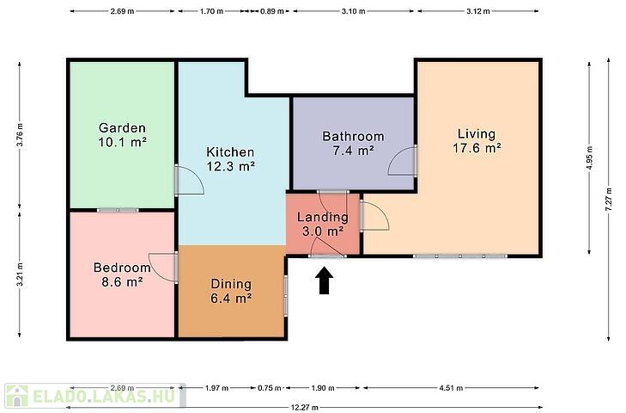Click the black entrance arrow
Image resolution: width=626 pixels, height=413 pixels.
point(326,280)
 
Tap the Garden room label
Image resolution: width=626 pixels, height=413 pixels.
point(122,128)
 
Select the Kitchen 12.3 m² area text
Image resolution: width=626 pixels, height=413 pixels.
point(231,166)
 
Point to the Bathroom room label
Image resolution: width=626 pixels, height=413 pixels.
point(353,137)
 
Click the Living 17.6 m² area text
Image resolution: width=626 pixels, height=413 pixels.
point(477,148)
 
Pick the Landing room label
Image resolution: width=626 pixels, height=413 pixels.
point(323,218)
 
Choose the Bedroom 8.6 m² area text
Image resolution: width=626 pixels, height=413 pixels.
point(122,282)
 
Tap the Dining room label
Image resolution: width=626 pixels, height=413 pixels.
point(231,284)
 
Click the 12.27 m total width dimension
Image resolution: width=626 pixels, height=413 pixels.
point(305,408)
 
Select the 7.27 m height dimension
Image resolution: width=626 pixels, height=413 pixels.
point(609,200)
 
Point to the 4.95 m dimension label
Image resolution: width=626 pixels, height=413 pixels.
point(589,158)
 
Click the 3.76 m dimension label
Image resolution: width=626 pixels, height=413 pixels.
point(20,135)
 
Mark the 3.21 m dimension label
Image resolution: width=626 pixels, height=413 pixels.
point(20,274)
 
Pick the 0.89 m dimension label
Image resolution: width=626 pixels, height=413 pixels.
point(272,11)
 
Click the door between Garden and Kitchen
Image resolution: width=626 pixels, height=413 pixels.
point(189,180)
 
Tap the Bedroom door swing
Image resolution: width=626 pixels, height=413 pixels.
point(163,268)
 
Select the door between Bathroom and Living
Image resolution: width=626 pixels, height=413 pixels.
point(403,161)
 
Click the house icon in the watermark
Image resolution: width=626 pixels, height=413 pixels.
point(17,396)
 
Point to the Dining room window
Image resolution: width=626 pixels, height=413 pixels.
point(286,295)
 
